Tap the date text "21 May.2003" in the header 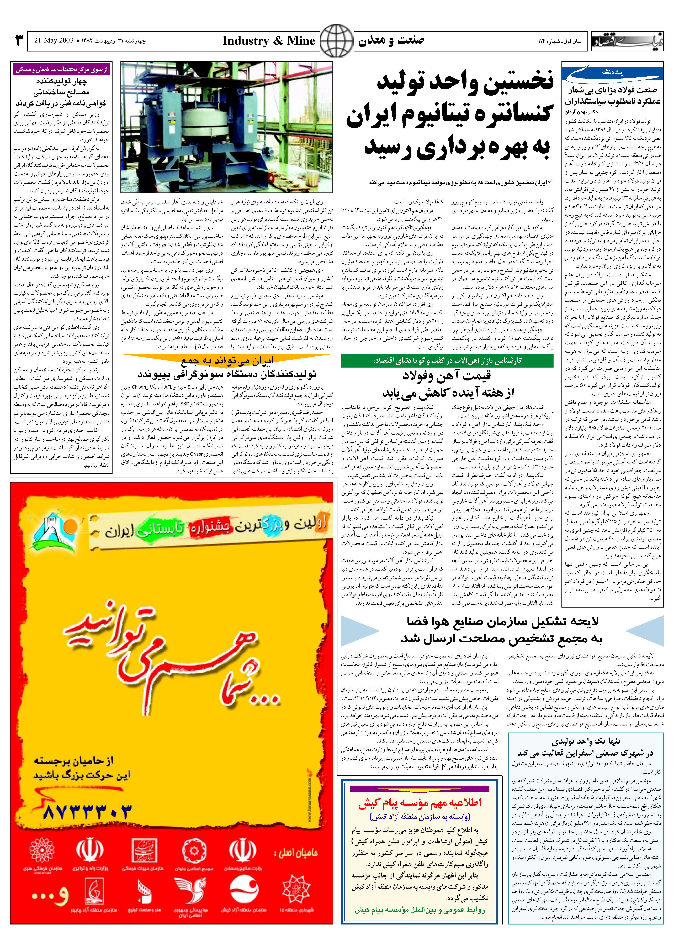[54, 41]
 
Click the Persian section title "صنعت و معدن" [391, 41]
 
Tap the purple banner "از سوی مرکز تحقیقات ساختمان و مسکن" [61, 69]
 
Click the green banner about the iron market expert [447, 361]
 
